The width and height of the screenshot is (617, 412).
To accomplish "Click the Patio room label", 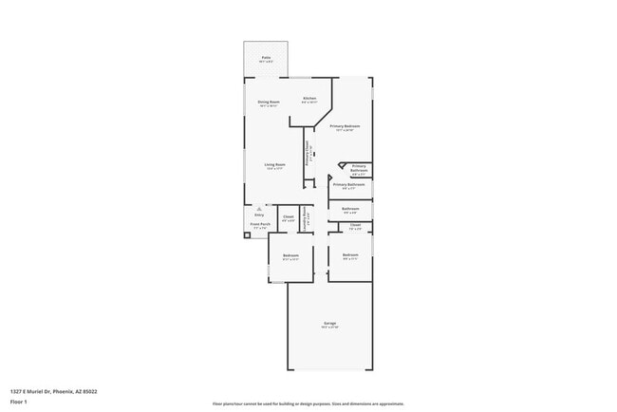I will tap(265, 57).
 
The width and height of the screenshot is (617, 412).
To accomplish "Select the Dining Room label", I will tap(269, 102).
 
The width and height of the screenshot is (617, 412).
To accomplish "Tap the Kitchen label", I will tap(309, 98).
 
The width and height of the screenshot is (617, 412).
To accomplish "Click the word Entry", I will tap(258, 215).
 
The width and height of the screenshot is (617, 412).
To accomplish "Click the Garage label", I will tap(329, 324).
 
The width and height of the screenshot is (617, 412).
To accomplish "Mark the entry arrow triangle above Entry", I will tap(258, 209).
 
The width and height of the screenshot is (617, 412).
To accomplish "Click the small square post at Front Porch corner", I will tap(248, 235).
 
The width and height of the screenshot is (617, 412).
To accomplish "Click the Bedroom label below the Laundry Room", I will tap(290, 254).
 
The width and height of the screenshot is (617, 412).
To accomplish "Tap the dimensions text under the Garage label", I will tap(329, 328).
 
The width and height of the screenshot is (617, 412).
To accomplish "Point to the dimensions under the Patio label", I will tap(265, 62).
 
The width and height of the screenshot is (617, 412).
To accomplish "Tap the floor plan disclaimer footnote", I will tap(308, 403).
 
